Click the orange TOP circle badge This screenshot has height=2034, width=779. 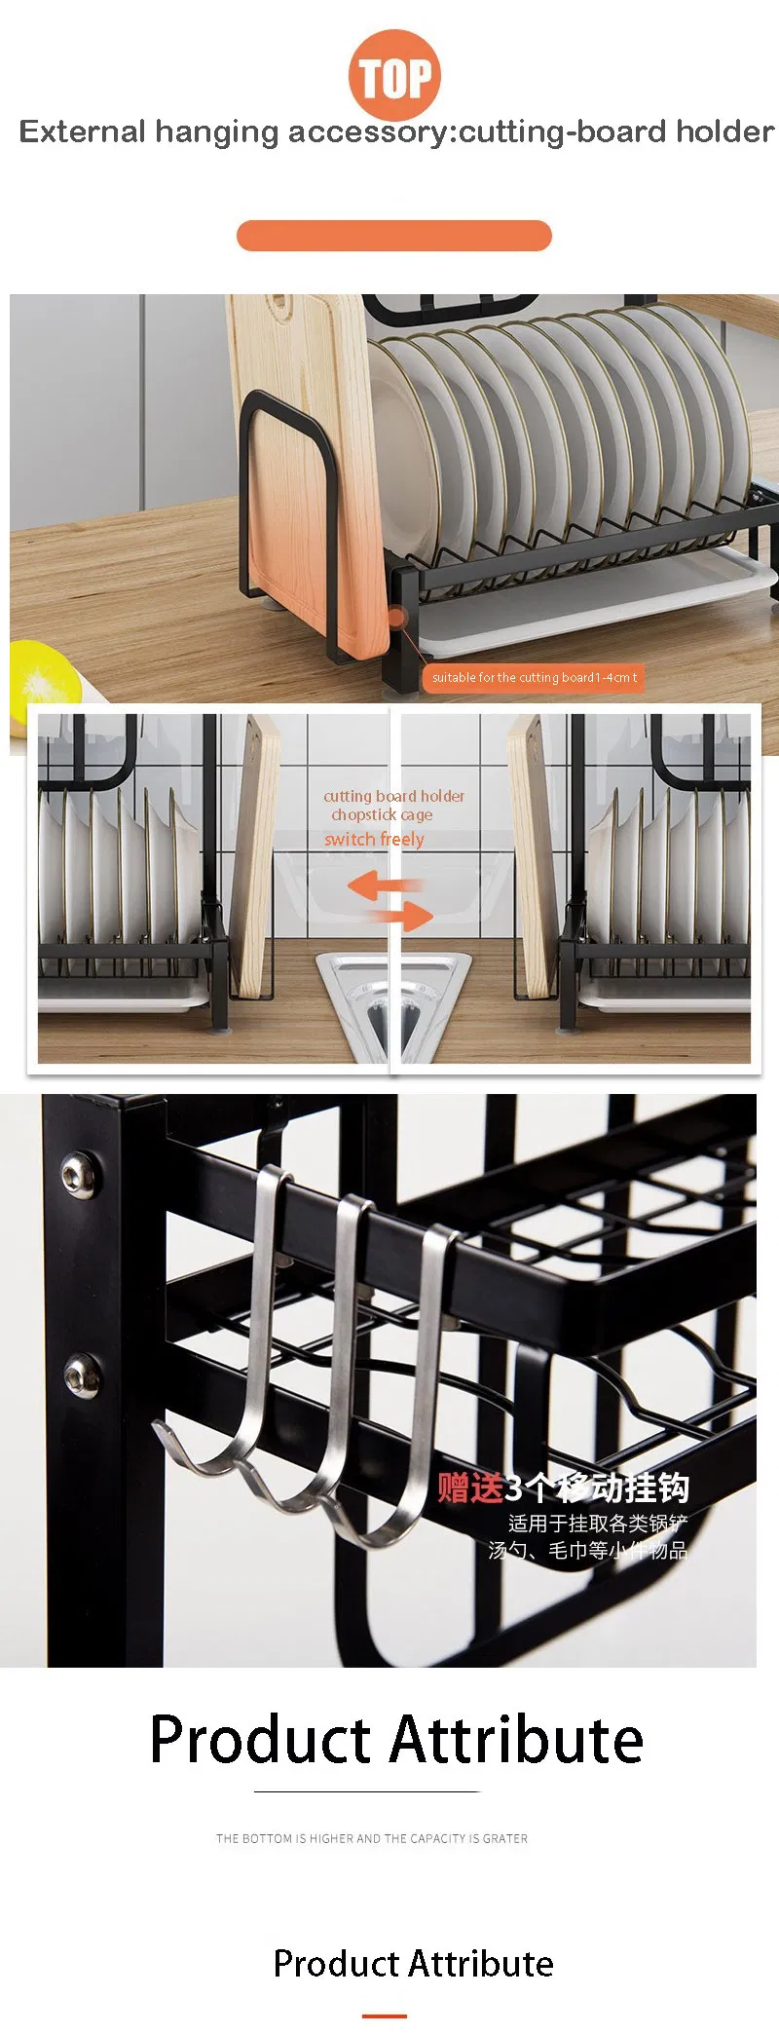pos(394,76)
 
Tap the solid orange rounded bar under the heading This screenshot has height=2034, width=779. pos(394,236)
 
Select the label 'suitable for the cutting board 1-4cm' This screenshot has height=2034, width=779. pos(534,678)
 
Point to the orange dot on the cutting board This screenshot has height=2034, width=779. pos(396,617)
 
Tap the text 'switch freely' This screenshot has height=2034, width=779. pos(374,839)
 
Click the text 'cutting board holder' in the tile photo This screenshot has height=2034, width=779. pos(394,796)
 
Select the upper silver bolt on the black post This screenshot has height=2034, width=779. pos(79,1175)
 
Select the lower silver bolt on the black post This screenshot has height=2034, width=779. pos(82,1375)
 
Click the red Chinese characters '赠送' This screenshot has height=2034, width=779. pos(469,1488)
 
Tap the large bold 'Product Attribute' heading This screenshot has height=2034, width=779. pos(396,1740)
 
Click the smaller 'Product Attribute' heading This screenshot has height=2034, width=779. pos(413,1963)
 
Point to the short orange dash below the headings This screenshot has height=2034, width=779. pos(385,2015)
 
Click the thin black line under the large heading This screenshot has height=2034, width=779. pos(367,1790)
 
